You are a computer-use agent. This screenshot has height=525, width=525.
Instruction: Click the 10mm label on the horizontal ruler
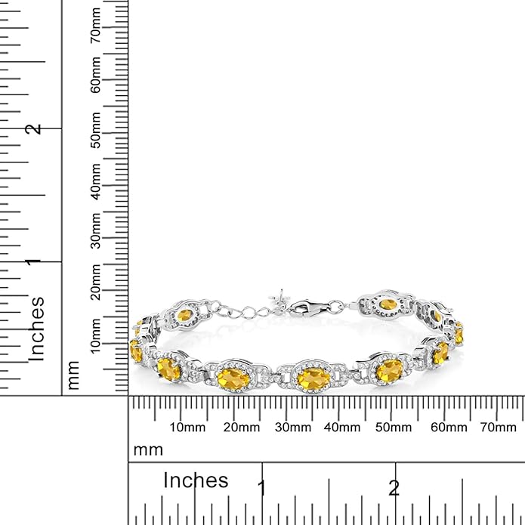click(x=187, y=428)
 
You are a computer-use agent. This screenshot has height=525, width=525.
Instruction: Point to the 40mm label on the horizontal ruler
click(x=342, y=428)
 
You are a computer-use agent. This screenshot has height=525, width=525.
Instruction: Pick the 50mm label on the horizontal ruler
click(x=394, y=428)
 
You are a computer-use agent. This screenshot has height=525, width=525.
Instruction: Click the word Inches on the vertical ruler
click(x=36, y=328)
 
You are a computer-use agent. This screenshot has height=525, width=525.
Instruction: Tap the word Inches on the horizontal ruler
click(x=196, y=480)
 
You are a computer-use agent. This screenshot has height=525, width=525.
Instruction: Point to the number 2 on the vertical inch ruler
click(x=33, y=129)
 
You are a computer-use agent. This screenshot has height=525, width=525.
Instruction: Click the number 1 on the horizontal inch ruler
click(x=261, y=488)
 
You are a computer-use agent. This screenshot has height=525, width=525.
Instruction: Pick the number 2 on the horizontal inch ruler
click(x=394, y=488)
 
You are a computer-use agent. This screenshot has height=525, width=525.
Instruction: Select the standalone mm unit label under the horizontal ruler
click(x=148, y=450)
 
